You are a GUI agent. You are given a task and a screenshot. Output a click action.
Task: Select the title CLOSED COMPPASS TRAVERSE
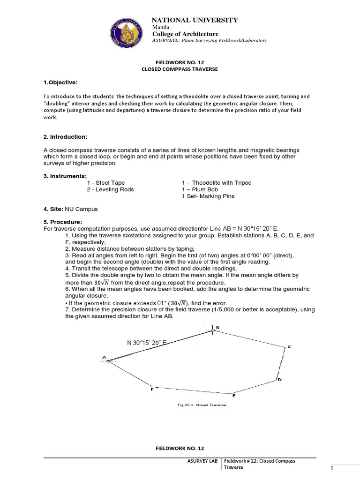click(x=180, y=69)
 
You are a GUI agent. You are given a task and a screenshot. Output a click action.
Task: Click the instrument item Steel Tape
click(x=110, y=182)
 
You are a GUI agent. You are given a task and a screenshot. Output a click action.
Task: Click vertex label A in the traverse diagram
click(x=104, y=358)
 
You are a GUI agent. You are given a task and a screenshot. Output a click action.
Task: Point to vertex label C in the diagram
click(x=289, y=347)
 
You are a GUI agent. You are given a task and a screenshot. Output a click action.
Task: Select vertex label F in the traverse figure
click(x=151, y=389)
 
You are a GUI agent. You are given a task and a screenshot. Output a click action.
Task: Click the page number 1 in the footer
click(x=331, y=468)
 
